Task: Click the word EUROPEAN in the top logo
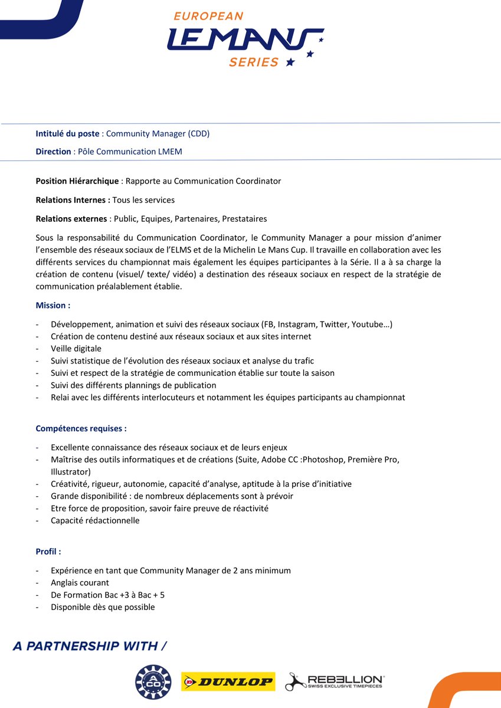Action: [208, 17]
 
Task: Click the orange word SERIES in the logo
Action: [254, 62]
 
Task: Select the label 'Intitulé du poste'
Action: [67, 133]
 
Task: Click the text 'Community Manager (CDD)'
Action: [158, 133]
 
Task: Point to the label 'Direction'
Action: [53, 152]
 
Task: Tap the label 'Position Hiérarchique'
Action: [77, 181]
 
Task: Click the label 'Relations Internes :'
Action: [73, 200]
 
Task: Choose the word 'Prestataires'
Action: [244, 219]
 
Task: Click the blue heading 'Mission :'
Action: [53, 306]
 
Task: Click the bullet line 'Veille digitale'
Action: [76, 349]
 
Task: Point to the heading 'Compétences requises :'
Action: [81, 428]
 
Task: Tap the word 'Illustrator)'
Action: [71, 471]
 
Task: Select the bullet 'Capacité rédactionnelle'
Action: [95, 520]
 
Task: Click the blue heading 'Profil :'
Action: [48, 552]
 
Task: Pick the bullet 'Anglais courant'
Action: [80, 583]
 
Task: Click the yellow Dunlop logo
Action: [228, 682]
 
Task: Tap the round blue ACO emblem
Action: [153, 682]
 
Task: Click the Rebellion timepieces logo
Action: [335, 682]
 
